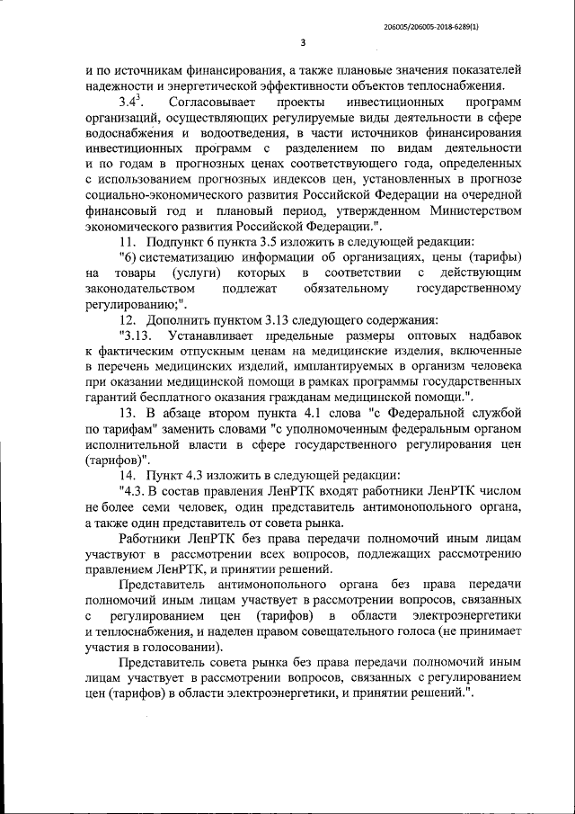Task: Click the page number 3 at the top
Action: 302,42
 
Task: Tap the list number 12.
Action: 128,319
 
